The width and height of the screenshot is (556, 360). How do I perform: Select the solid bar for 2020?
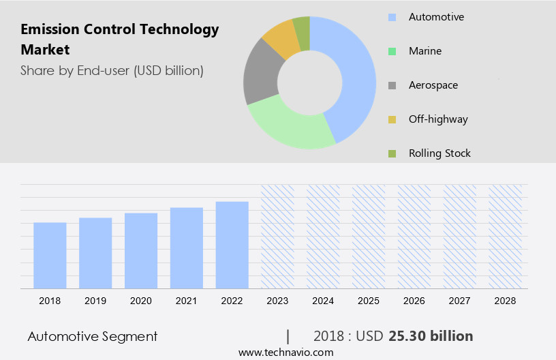point(141,250)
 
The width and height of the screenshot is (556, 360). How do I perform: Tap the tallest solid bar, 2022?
point(232,245)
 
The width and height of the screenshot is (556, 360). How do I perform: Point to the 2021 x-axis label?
point(187,301)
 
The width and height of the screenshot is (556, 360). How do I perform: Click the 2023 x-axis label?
point(277,301)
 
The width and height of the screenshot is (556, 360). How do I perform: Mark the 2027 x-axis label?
point(460,301)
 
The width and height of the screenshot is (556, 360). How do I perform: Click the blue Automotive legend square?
point(392,17)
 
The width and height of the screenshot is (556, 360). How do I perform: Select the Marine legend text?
point(425,51)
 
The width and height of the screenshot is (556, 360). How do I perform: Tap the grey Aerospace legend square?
point(392,85)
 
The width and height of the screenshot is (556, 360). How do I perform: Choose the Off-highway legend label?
point(438,119)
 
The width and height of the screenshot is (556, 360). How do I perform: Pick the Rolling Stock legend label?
point(439,153)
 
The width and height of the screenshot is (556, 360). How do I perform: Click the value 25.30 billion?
point(431,336)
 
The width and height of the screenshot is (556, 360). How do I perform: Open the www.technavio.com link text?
point(285,352)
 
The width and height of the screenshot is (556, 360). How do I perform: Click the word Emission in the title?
point(50,29)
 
